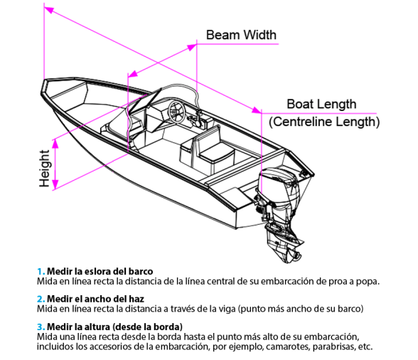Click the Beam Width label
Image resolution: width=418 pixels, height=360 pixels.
click(x=241, y=35)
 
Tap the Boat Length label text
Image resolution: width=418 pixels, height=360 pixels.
click(x=321, y=105)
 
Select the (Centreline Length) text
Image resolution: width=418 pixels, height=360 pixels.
click(x=324, y=122)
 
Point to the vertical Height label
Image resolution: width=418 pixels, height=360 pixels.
click(x=44, y=169)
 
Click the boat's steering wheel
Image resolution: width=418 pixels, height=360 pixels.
click(x=176, y=112)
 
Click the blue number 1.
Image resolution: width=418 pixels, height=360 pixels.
click(x=41, y=271)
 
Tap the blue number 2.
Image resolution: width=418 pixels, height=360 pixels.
click(x=41, y=299)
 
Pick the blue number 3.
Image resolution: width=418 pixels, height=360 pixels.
click(x=41, y=327)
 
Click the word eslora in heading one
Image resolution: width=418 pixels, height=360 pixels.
click(x=97, y=271)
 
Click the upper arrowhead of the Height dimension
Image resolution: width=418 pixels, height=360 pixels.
click(x=55, y=144)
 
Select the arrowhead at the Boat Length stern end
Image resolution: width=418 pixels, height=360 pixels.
click(x=257, y=110)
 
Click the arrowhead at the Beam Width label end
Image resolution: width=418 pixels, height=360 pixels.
click(x=192, y=47)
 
